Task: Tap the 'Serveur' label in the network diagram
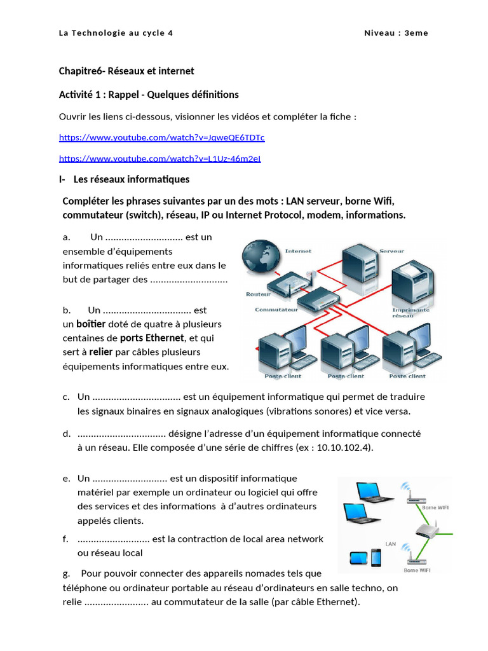coord(391,251)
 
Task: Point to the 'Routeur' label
coord(258,294)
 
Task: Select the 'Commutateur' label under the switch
coord(276,310)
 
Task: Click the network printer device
coord(413,280)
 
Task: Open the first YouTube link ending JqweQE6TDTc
coord(161,137)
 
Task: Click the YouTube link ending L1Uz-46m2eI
coord(159,158)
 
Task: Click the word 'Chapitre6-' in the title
coord(83,71)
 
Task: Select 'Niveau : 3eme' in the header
coord(396,33)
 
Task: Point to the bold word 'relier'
coord(100,352)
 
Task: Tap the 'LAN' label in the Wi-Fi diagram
coord(391,544)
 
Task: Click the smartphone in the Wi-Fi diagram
coord(376,558)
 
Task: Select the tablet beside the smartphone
coord(358,559)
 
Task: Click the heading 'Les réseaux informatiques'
coord(131,179)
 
